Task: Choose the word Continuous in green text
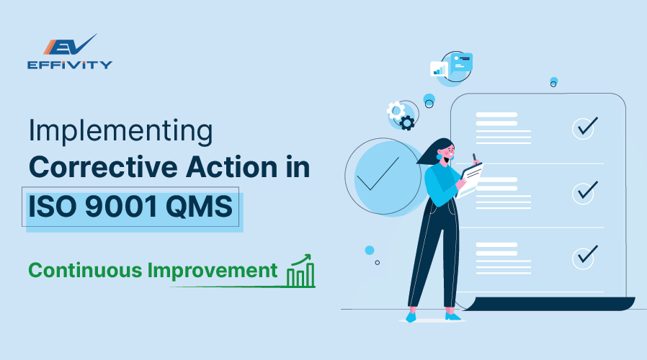point(84,271)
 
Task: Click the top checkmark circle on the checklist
point(584,127)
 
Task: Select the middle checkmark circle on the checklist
point(584,192)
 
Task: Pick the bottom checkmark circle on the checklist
point(584,256)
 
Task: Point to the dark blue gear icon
point(407,123)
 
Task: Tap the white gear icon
point(395,110)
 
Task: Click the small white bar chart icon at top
point(439,69)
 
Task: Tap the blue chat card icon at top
point(460,63)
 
